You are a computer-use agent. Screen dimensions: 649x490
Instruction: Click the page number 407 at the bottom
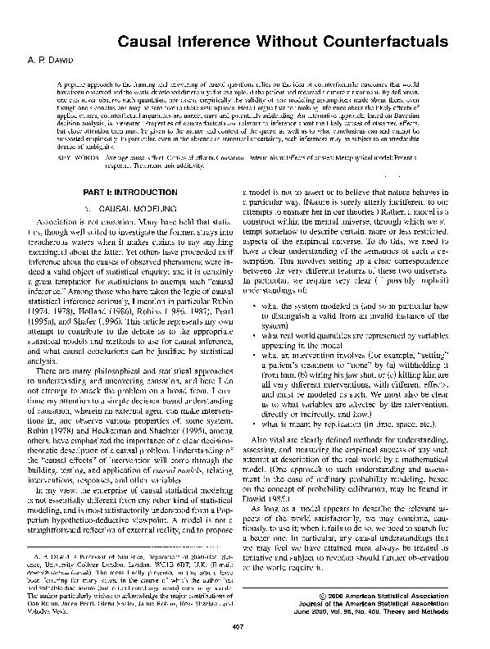(x=244, y=628)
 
